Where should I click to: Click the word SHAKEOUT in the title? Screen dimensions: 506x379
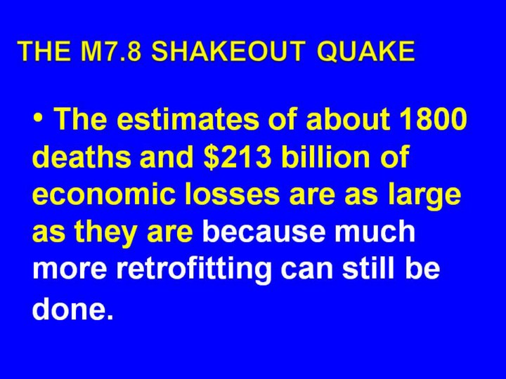(x=229, y=51)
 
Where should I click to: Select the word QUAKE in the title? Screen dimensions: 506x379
(x=366, y=51)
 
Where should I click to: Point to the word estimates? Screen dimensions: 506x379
(x=186, y=119)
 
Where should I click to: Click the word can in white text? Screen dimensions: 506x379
(x=306, y=271)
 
